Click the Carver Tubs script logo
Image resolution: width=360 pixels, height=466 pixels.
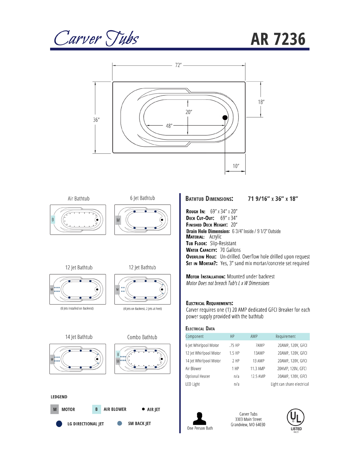click(x=96, y=38)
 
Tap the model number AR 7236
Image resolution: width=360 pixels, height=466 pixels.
click(x=278, y=39)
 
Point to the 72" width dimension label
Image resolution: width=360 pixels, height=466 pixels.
click(x=178, y=65)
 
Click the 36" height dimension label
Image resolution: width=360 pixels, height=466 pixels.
click(x=96, y=120)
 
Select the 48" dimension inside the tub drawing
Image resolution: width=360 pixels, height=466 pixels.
click(x=169, y=126)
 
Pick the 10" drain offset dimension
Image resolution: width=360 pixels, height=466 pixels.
click(x=236, y=166)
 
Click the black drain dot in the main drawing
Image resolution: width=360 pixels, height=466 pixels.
click(x=225, y=118)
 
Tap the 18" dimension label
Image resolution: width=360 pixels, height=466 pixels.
click(x=261, y=102)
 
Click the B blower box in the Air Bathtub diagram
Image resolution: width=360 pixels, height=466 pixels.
click(x=53, y=220)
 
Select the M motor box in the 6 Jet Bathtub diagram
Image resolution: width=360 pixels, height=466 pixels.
click(x=118, y=220)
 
